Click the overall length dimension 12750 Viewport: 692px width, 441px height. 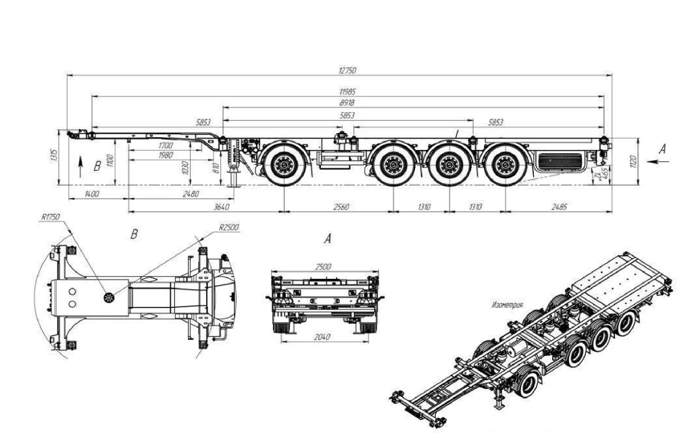coord(348,71)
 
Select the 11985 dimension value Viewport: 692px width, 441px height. coord(348,91)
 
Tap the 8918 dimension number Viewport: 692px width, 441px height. coord(348,103)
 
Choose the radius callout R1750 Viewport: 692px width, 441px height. coord(50,217)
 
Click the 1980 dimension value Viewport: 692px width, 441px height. coord(166,155)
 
